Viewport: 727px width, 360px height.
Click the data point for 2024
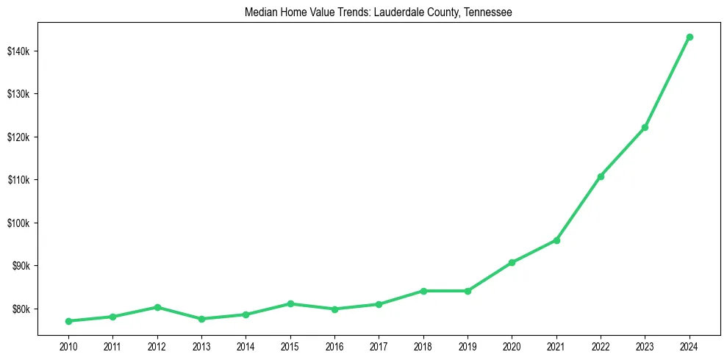690,37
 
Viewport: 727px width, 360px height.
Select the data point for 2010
68,321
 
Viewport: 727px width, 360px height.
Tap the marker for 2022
601,176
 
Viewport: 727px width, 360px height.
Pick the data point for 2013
201,319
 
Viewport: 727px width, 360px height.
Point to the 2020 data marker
512,262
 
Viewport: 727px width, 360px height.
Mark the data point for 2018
423,291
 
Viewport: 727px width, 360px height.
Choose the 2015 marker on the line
290,303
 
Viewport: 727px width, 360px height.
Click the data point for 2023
645,127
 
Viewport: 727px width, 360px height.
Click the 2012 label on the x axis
157,346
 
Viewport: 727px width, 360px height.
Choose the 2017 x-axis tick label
379,346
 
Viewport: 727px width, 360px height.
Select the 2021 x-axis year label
556,346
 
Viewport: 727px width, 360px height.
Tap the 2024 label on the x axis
690,346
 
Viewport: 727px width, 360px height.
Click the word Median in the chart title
261,12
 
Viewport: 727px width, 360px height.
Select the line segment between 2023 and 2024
667,82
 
